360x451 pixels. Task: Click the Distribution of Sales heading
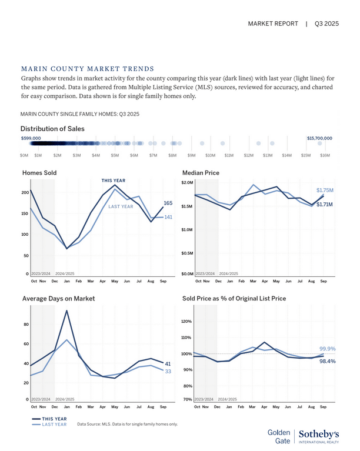pyautogui.click(x=52, y=129)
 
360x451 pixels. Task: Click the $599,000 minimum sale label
pyautogui.click(x=31, y=138)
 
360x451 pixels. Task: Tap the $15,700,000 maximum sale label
pyautogui.click(x=319, y=138)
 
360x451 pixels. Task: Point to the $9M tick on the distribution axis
pyautogui.click(x=191, y=155)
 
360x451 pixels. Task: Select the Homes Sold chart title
pyautogui.click(x=39, y=173)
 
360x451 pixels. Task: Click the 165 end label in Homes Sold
pyautogui.click(x=168, y=203)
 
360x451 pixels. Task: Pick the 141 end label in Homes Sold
pyautogui.click(x=168, y=218)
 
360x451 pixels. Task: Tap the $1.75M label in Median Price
pyautogui.click(x=325, y=191)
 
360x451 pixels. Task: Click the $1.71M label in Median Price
pyautogui.click(x=325, y=205)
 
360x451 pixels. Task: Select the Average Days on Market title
pyautogui.click(x=58, y=299)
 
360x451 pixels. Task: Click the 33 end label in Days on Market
pyautogui.click(x=168, y=372)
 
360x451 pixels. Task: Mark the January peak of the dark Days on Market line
pyautogui.click(x=66, y=310)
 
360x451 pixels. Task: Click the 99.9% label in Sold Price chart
pyautogui.click(x=327, y=349)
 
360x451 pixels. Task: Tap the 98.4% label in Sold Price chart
pyautogui.click(x=327, y=362)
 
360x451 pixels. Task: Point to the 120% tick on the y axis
pyautogui.click(x=186, y=322)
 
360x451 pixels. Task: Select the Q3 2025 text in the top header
pyautogui.click(x=327, y=24)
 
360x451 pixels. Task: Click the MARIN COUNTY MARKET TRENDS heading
pyautogui.click(x=87, y=69)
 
